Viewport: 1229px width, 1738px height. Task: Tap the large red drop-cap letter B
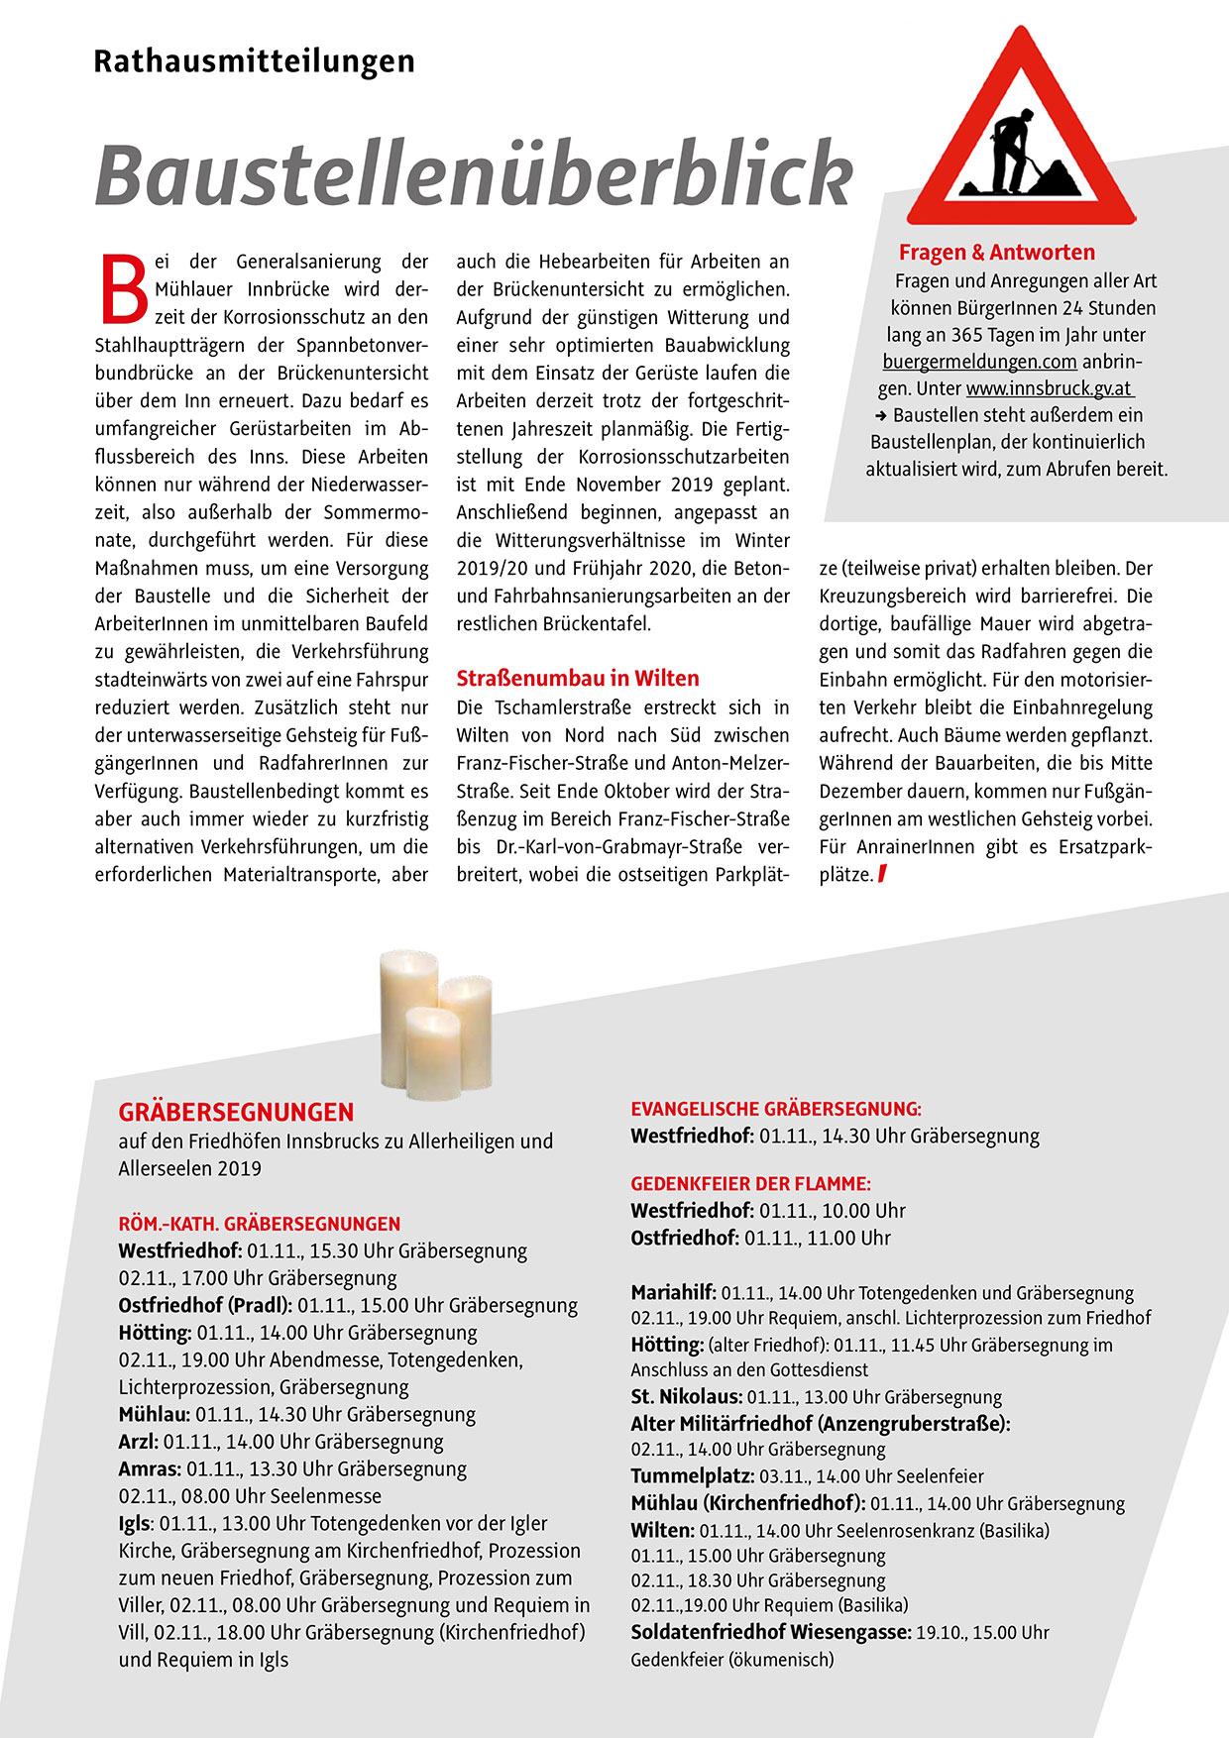pos(125,290)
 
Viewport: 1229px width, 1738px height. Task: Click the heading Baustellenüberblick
pos(474,174)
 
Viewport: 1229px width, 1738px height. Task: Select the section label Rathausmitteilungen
pos(254,61)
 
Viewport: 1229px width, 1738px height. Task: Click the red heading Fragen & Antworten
pos(996,253)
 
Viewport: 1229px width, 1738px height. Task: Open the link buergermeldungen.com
pos(979,362)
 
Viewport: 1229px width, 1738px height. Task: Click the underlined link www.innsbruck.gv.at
pos(1049,388)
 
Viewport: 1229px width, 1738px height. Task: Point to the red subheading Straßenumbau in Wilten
pos(578,679)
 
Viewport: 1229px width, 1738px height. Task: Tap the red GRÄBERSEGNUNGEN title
pos(236,1112)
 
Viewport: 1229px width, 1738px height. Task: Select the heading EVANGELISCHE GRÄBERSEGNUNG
pos(776,1110)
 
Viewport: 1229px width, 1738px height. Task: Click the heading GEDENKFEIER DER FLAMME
pos(750,1184)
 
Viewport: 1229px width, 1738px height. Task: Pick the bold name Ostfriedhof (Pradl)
pos(205,1305)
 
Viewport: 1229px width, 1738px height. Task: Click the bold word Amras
pos(150,1468)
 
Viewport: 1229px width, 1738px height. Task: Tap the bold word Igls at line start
pos(135,1523)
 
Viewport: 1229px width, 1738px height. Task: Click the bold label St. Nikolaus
pos(686,1397)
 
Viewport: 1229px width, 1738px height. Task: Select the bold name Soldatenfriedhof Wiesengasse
pos(770,1632)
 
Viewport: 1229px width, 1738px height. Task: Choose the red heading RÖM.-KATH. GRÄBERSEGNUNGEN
pos(260,1224)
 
